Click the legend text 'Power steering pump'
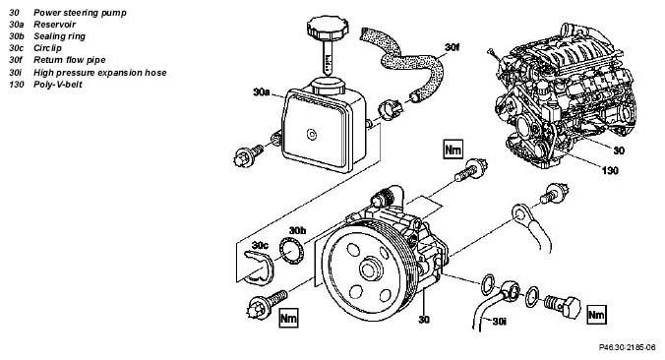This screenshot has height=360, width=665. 80,13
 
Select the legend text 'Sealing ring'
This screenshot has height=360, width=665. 59,36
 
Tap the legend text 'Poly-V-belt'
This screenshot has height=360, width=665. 58,85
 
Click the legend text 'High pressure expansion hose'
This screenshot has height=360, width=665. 100,73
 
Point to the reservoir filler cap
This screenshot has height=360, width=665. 328,28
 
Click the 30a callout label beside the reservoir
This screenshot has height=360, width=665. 262,91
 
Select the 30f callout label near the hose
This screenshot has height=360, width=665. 453,47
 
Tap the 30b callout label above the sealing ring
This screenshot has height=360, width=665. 297,231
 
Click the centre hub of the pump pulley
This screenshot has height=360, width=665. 371,269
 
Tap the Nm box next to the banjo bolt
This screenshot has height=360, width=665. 596,315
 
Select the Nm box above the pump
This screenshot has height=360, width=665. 453,149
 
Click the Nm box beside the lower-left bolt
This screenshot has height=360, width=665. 288,318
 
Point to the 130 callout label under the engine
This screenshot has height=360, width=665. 610,170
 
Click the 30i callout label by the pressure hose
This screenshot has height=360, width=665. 500,322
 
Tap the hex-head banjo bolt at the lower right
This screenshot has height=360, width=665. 562,305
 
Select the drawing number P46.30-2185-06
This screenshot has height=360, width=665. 630,347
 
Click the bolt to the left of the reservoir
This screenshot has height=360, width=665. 249,155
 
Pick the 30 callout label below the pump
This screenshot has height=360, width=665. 424,320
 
